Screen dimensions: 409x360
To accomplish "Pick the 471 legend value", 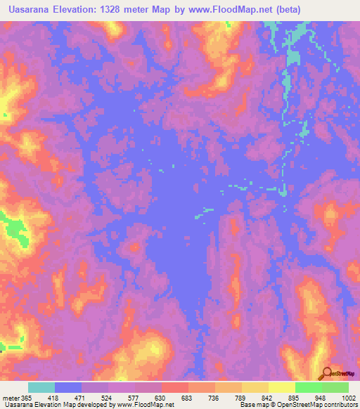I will click(x=94, y=397).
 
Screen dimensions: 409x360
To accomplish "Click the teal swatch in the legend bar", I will click(x=41, y=387).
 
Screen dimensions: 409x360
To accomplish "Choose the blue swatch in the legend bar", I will click(x=68, y=387).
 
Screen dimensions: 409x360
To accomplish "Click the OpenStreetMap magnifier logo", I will click(x=326, y=374).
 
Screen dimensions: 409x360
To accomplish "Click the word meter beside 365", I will click(x=11, y=397).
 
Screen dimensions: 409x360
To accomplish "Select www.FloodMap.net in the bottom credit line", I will click(x=147, y=405).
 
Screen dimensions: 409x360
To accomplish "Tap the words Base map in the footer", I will click(x=250, y=405).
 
